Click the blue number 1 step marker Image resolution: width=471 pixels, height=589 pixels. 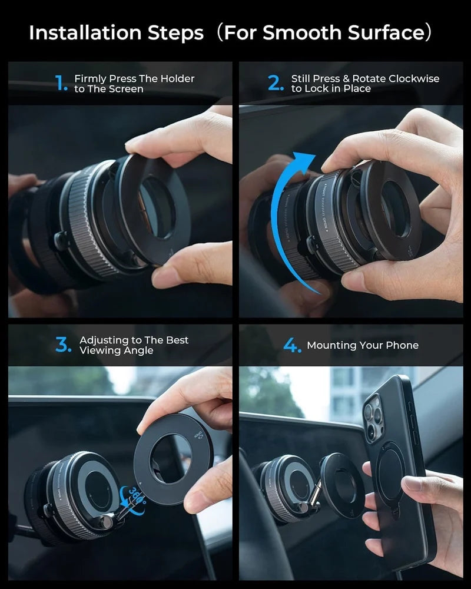(61, 84)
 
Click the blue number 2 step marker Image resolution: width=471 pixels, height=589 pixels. (276, 84)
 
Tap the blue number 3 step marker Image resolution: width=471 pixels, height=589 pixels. (63, 345)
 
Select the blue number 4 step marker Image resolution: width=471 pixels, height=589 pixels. (292, 346)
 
